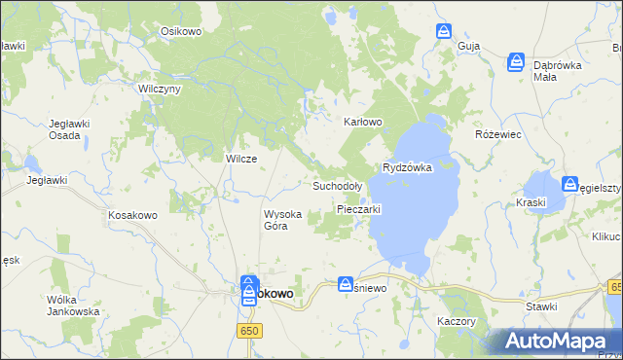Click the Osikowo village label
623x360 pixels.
(180, 31)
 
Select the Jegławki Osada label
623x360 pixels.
(71, 129)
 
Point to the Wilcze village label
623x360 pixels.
(241, 159)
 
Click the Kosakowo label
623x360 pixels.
(133, 214)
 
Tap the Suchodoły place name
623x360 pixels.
(337, 185)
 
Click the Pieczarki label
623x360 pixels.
(358, 209)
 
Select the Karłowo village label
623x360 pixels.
(363, 123)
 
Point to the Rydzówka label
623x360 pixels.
(407, 167)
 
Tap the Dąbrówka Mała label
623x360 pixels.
(558, 70)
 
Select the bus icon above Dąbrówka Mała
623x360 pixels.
(516, 62)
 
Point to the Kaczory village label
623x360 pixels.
(456, 320)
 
